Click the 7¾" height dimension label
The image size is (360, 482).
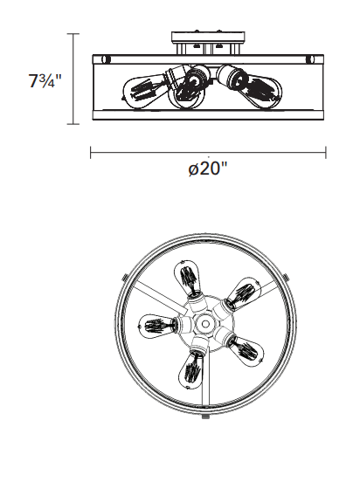tap(45, 80)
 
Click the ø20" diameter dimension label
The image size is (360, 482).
tap(208, 169)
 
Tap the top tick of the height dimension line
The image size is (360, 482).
tap(73, 34)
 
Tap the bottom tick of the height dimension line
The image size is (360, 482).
tap(73, 124)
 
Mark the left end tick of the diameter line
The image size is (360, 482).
tap(91, 153)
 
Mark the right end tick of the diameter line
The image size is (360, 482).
tap(326, 153)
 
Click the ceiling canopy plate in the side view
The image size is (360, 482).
tap(208, 37)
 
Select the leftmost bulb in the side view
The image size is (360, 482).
tap(145, 89)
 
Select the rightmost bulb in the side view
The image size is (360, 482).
tap(253, 87)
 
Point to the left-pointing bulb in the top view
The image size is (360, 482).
tap(156, 326)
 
